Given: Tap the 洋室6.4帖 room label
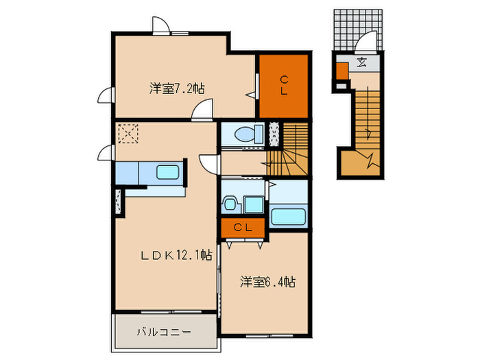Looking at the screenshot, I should [x=267, y=282].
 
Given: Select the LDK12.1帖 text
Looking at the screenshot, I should [x=176, y=255].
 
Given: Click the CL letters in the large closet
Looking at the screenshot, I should [x=283, y=85].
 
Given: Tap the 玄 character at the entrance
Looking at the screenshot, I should [x=361, y=64].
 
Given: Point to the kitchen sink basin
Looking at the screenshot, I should [x=167, y=173].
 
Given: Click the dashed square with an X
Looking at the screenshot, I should [x=128, y=132].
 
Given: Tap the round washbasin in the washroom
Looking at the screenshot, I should [x=230, y=204].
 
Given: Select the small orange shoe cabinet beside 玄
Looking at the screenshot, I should [x=341, y=71].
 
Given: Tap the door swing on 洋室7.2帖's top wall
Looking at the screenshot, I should [x=161, y=25].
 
